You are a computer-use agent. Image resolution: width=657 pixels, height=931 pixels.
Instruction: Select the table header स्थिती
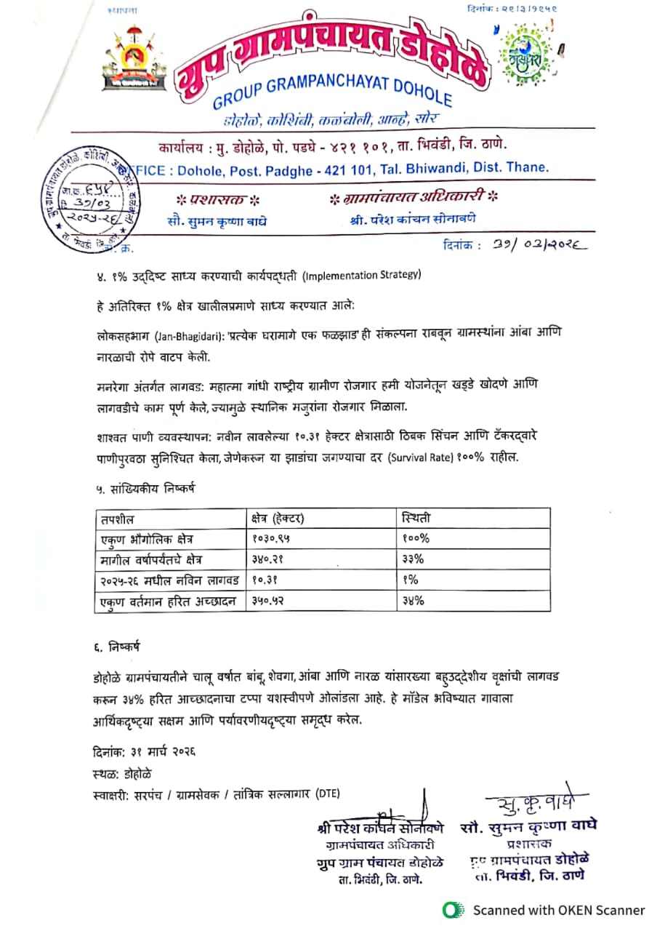click(x=416, y=519)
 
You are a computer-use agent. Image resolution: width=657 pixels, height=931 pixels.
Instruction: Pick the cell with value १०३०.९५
click(x=275, y=539)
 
